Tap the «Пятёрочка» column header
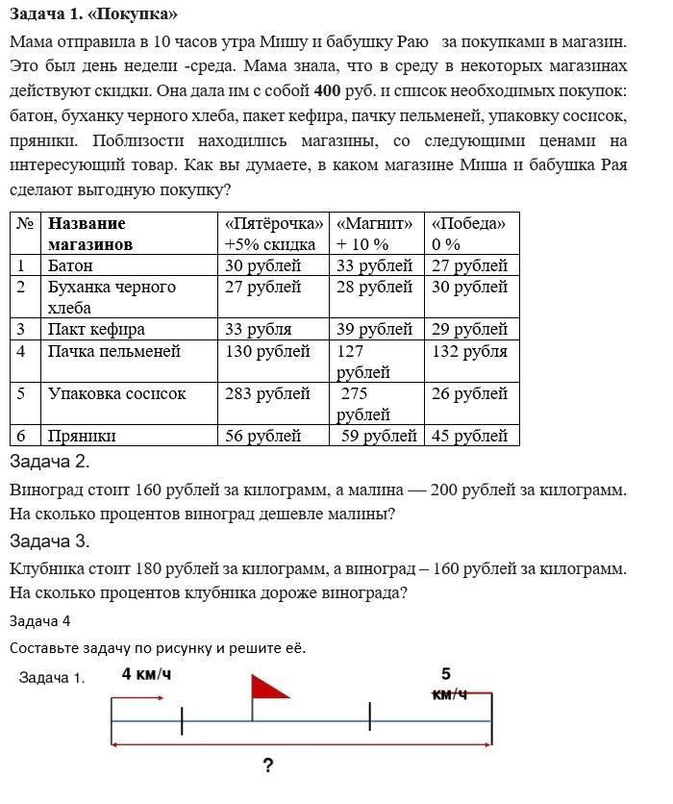point(273,223)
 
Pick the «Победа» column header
point(468,223)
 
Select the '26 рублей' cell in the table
point(469,393)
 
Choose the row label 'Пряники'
point(83,436)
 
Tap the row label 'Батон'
point(71,265)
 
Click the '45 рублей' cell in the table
point(469,436)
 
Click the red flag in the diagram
point(268,688)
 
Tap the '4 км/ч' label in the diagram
point(146,674)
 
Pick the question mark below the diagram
point(267,766)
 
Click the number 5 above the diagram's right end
point(446,674)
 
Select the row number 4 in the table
point(21,351)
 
